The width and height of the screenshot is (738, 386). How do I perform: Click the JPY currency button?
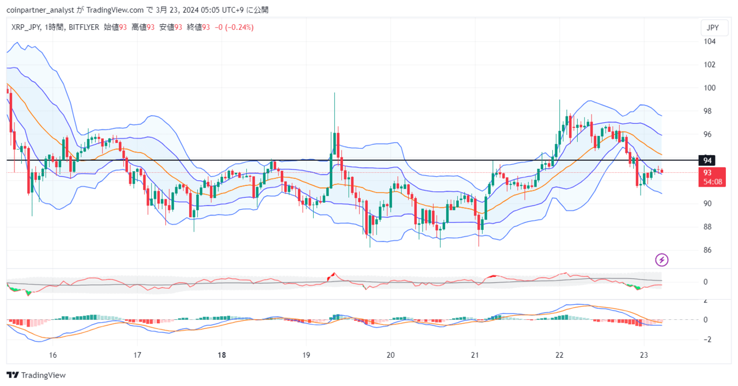pyautogui.click(x=713, y=28)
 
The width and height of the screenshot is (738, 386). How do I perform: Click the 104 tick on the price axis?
pyautogui.click(x=709, y=41)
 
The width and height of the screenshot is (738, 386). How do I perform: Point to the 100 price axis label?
pyautogui.click(x=709, y=88)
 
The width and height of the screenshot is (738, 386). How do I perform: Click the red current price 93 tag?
pyautogui.click(x=707, y=172)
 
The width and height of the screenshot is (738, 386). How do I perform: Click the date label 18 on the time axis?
pyautogui.click(x=222, y=355)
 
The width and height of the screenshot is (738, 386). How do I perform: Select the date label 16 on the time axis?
pyautogui.click(x=53, y=355)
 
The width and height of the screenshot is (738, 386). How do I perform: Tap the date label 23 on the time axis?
pyautogui.click(x=645, y=355)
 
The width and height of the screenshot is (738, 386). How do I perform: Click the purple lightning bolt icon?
pyautogui.click(x=662, y=260)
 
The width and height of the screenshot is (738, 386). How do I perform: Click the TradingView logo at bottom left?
pyautogui.click(x=36, y=375)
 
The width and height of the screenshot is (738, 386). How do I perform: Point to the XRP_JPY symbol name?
pyautogui.click(x=25, y=27)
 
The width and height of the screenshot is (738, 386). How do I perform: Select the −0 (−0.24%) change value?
pyautogui.click(x=234, y=27)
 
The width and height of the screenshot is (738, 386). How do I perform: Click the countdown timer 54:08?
pyautogui.click(x=712, y=181)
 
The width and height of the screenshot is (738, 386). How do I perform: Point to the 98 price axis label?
pyautogui.click(x=709, y=111)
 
